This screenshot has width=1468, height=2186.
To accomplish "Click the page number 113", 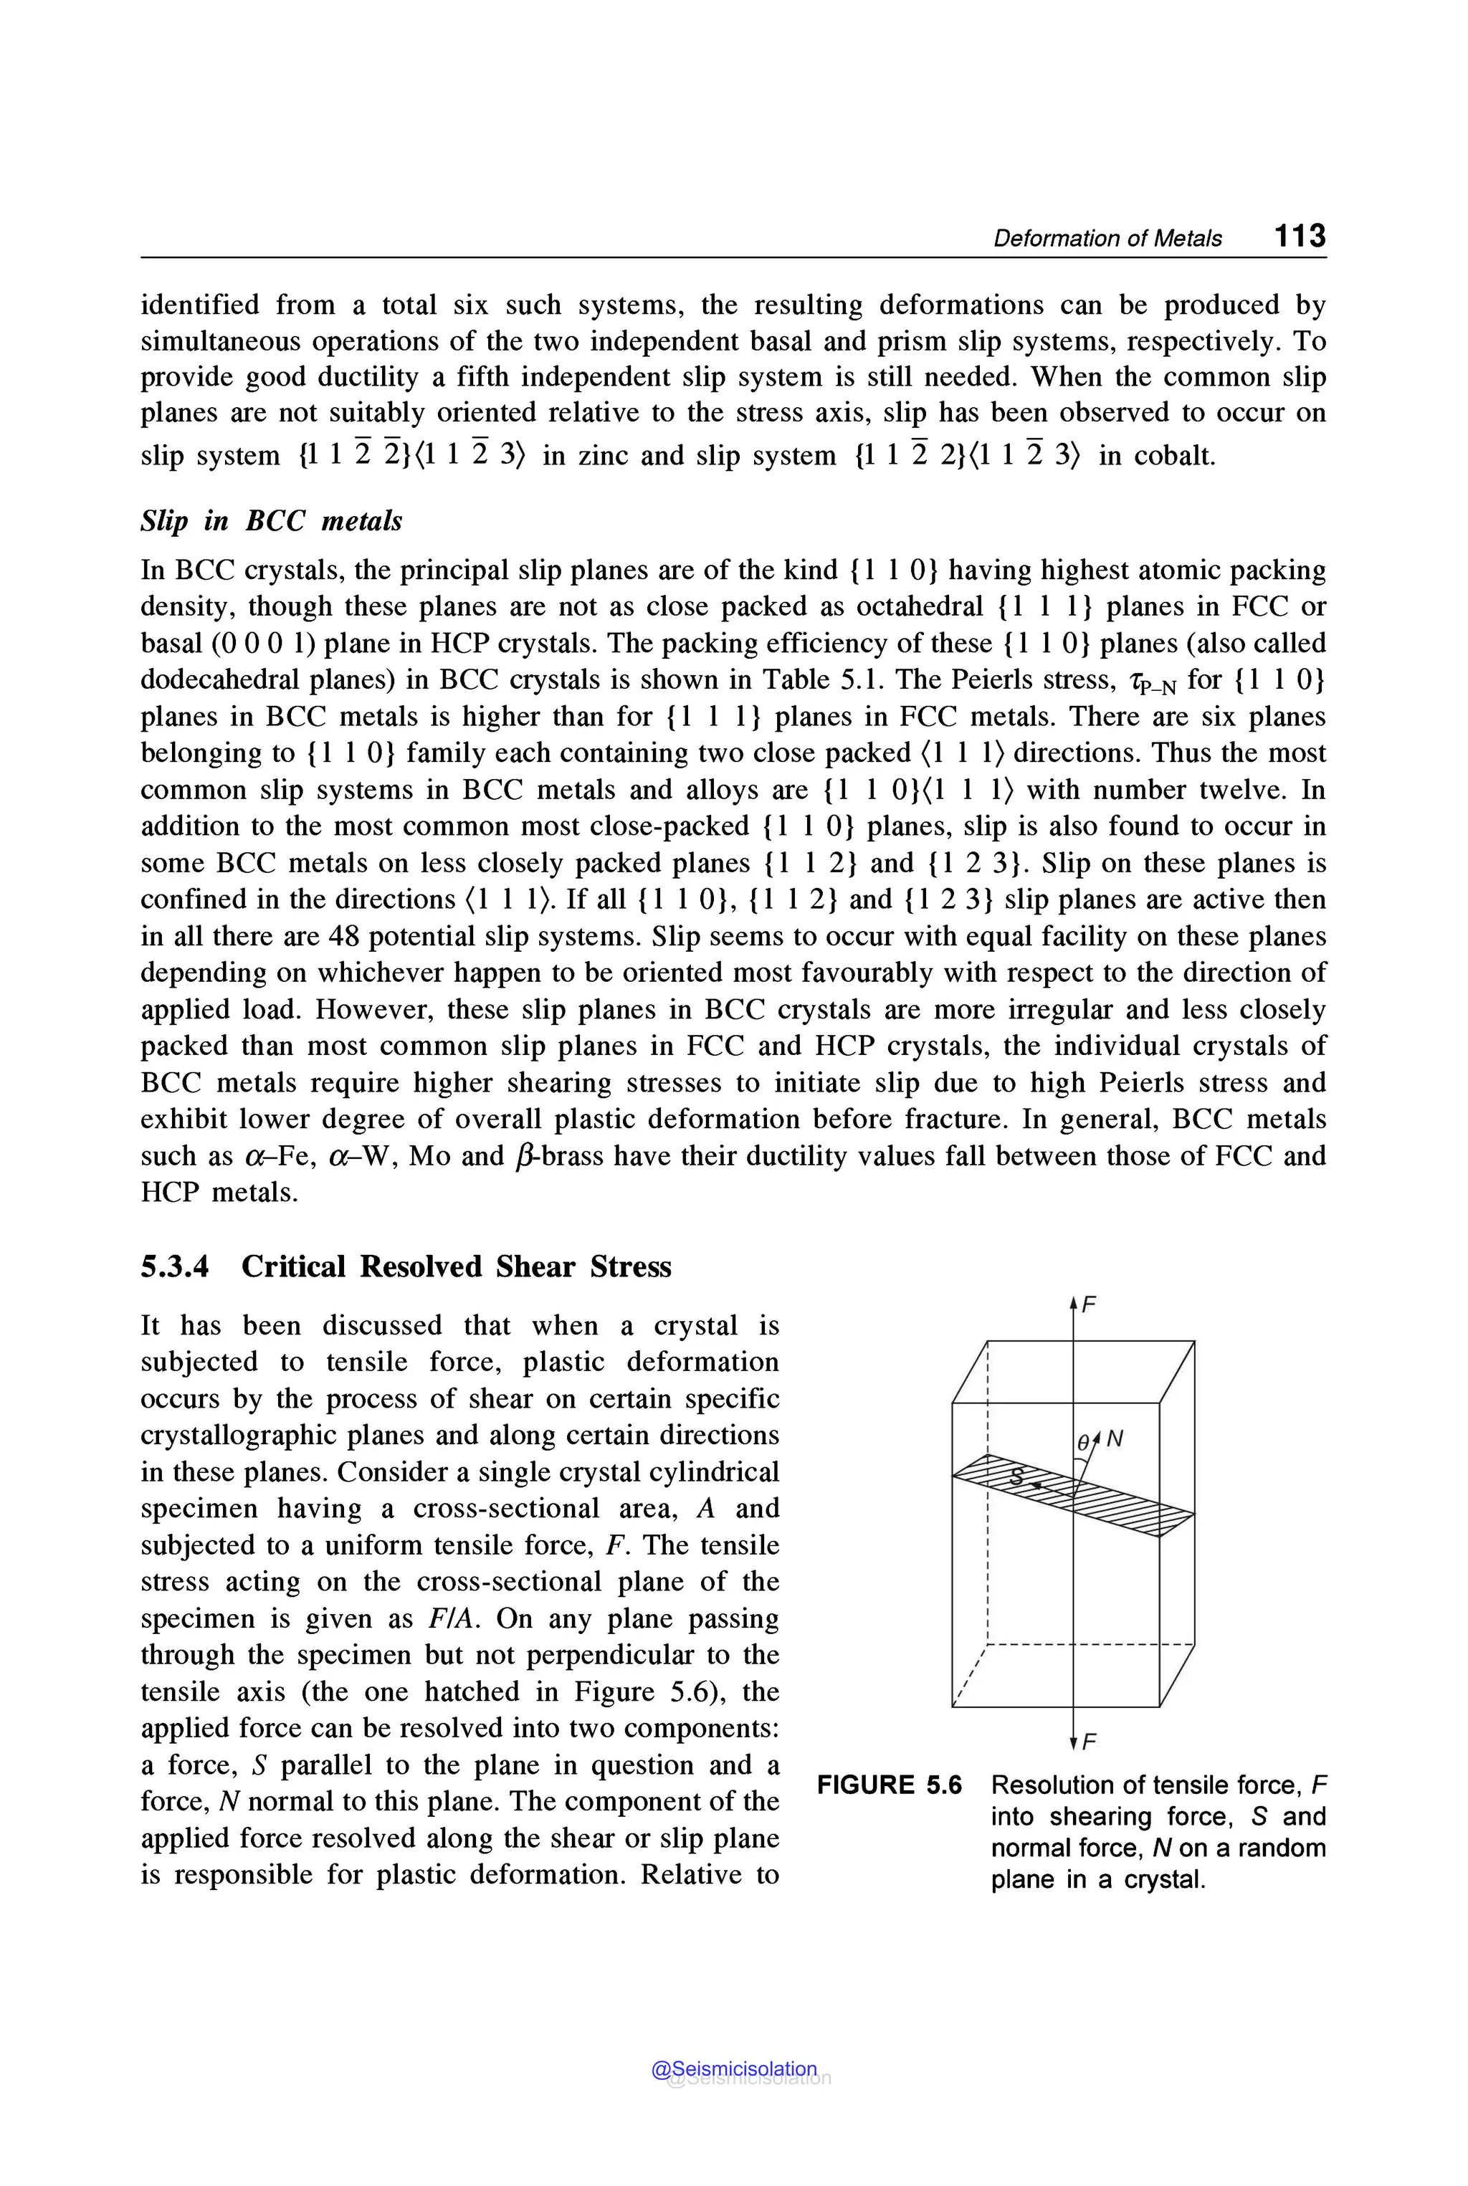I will click(x=1300, y=235).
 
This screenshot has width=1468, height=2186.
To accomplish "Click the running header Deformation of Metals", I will click(x=1107, y=239).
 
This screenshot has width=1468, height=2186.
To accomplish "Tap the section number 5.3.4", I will click(x=175, y=1266).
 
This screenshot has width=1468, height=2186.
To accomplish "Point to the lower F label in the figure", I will click(x=1089, y=1742).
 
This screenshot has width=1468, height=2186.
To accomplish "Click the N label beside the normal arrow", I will click(x=1114, y=1440).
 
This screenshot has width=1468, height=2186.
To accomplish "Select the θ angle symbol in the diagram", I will click(x=1083, y=1443).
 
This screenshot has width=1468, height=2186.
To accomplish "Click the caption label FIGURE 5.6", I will click(x=889, y=1785).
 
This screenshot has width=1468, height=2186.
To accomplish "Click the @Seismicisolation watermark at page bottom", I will click(x=734, y=2069).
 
